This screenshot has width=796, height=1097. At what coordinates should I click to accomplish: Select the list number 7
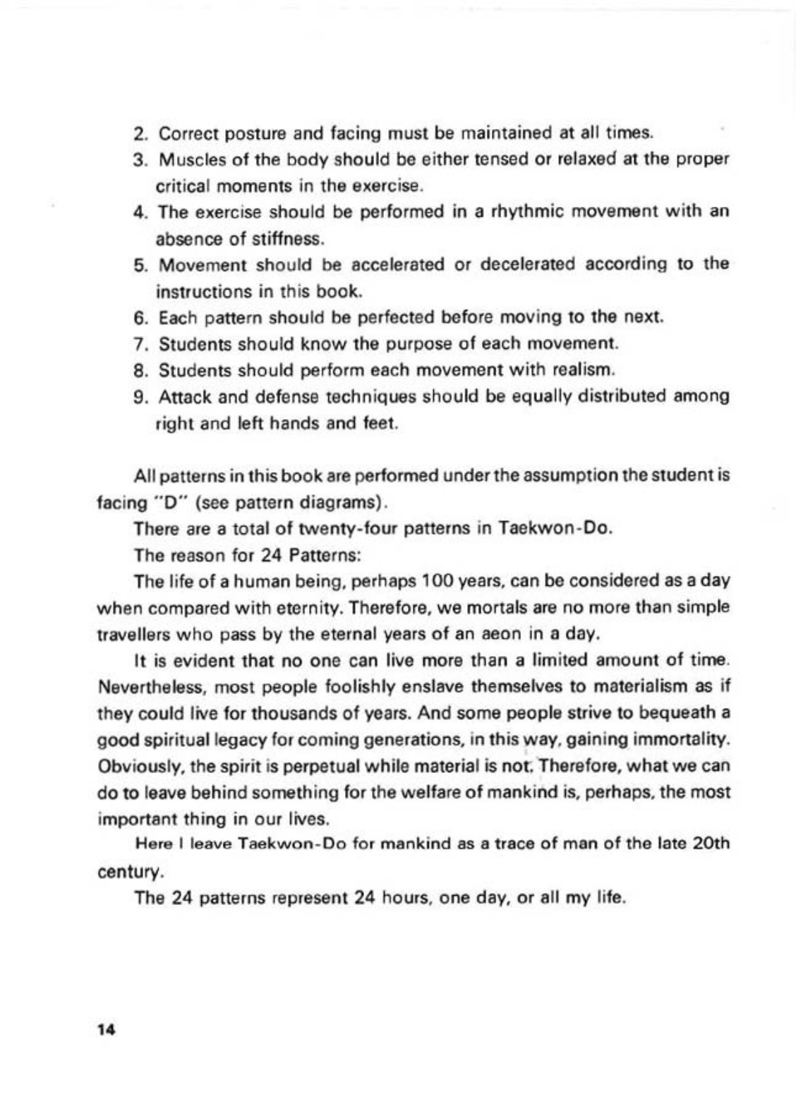coord(139,344)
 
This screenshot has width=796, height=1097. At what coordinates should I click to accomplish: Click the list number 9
coord(139,397)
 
